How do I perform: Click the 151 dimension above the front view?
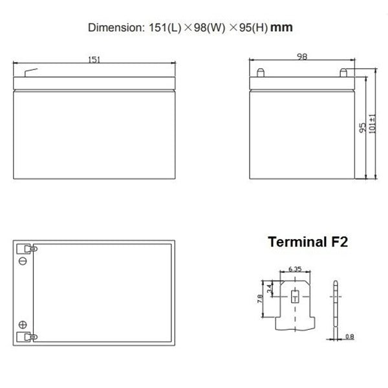point(95,59)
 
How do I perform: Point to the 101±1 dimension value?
point(372,124)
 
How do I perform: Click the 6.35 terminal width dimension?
point(294,269)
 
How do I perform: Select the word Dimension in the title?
point(114,28)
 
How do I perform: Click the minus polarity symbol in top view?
point(23,261)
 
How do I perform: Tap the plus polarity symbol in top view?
point(23,325)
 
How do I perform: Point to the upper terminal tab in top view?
point(28,248)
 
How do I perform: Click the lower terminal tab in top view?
point(28,337)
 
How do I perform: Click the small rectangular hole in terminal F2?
point(294,297)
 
